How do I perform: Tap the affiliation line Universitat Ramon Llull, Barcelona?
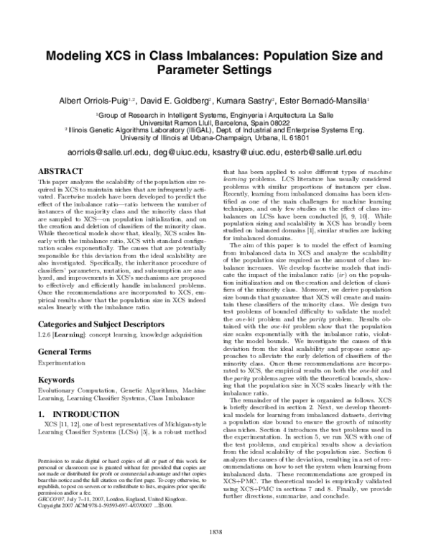(215, 122)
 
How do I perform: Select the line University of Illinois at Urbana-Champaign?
(215, 137)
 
